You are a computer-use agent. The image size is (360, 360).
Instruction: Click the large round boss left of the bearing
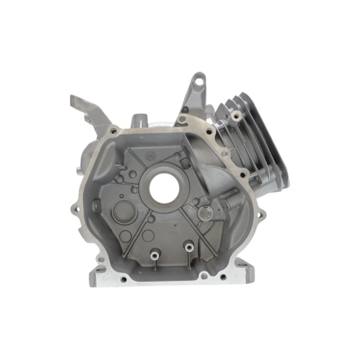(x=124, y=211)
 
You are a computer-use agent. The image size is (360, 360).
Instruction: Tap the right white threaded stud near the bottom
(x=188, y=247)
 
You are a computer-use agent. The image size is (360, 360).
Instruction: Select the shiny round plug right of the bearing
(x=206, y=212)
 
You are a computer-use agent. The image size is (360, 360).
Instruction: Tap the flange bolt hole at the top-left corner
(x=112, y=130)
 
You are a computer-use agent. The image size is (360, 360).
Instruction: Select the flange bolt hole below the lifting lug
(x=182, y=119)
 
